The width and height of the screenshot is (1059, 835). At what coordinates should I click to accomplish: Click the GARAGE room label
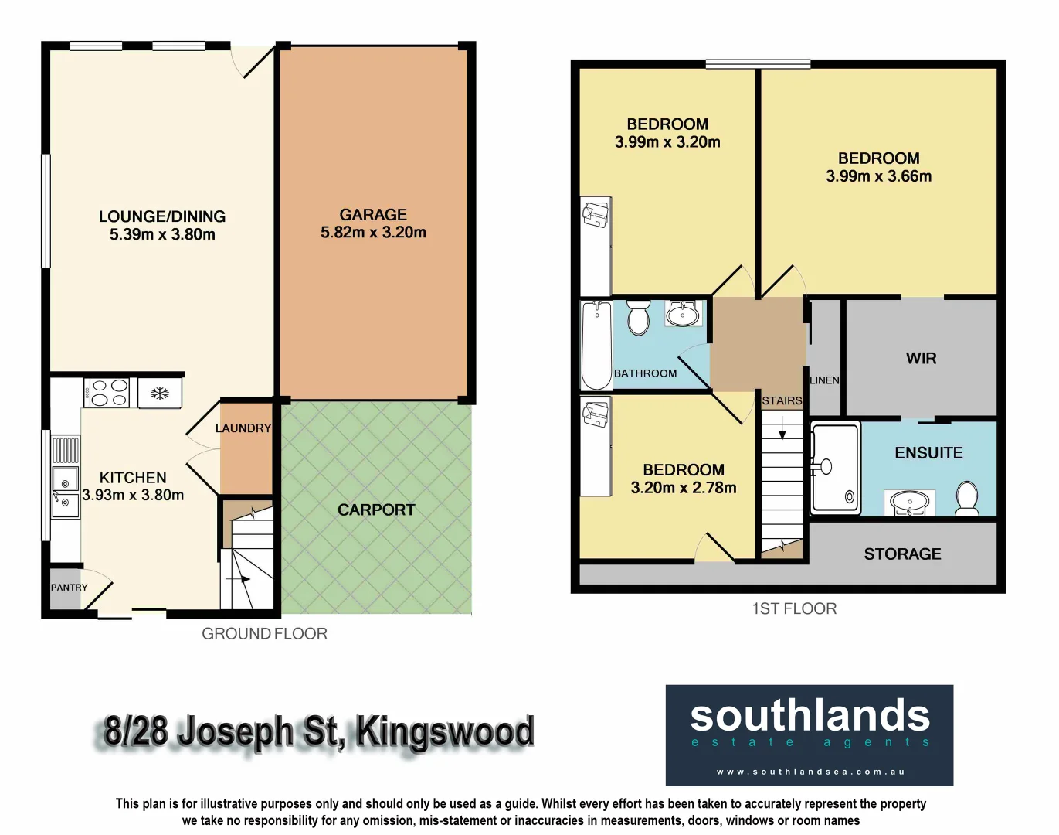[x=373, y=215]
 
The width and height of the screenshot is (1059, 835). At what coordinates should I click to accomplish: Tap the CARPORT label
[x=376, y=510]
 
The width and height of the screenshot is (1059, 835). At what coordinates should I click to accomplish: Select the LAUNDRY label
[x=243, y=428]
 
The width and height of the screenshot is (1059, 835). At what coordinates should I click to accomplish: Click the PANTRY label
[x=70, y=588]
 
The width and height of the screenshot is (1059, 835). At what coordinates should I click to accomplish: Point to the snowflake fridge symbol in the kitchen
[x=159, y=393]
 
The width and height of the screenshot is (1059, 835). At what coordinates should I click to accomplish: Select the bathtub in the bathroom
[x=596, y=345]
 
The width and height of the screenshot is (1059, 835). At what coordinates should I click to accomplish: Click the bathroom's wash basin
[x=683, y=314]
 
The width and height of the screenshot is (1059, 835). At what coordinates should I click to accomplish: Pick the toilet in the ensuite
[x=966, y=498]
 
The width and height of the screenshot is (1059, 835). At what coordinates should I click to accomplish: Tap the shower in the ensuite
[x=835, y=469]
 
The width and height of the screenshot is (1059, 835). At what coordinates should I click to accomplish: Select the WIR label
[x=921, y=359]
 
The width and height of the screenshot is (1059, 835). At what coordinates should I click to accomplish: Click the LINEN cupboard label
[x=824, y=380]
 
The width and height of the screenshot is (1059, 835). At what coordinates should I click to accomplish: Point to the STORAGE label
[x=902, y=554]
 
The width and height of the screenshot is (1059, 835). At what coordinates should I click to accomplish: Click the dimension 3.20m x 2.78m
[x=684, y=488]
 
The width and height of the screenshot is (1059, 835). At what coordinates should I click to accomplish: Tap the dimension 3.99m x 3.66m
[x=878, y=176]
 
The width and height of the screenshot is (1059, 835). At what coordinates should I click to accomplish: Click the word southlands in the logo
[x=810, y=716]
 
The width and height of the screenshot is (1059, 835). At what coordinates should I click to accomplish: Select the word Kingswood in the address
[x=445, y=731]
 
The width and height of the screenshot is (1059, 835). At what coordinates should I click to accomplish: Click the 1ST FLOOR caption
[x=794, y=609]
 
